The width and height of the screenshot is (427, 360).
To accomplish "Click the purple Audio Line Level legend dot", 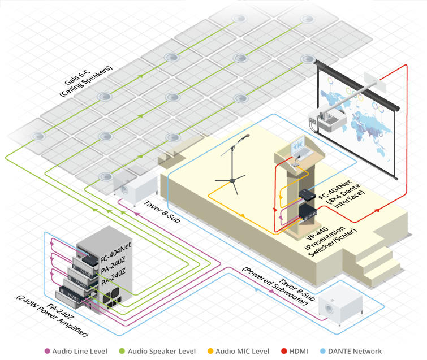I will pos(47,351).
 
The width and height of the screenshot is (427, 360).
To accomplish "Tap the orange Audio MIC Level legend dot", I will pos(210,351).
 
